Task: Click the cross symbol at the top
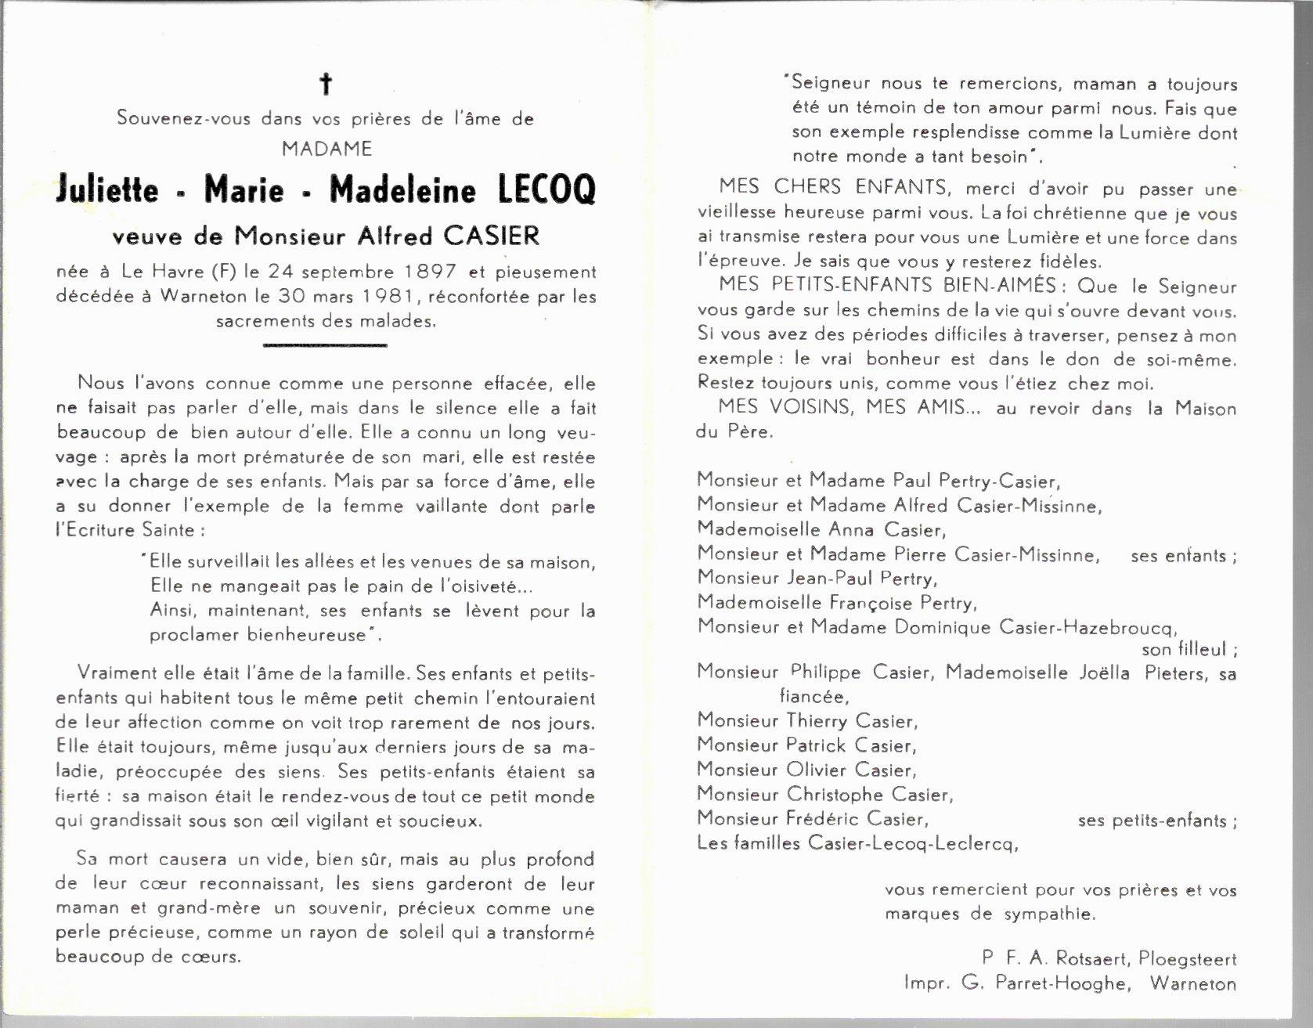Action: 326,84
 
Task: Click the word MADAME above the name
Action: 326,148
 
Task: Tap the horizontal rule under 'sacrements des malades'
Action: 325,344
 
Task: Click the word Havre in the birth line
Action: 179,272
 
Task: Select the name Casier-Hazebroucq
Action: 1088,626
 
